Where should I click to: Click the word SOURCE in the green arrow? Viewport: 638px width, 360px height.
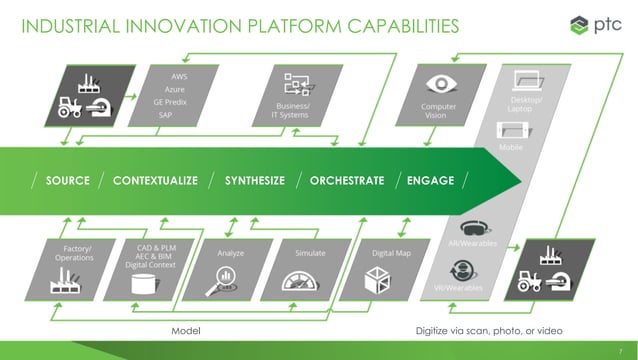(67, 181)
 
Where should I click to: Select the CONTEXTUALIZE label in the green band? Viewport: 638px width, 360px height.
(155, 181)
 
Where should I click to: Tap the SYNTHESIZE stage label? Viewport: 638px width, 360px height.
(254, 181)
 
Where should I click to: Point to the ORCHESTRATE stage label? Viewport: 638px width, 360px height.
(347, 181)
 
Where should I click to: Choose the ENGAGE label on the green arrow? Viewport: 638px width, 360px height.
(430, 181)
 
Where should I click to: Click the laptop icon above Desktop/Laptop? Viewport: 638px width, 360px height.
(527, 79)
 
